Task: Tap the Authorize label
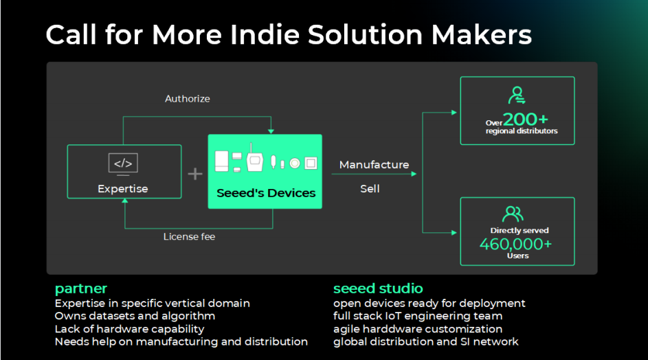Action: tap(188, 99)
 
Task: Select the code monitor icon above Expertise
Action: tap(124, 164)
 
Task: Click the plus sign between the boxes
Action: tap(195, 173)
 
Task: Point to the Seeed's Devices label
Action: tap(266, 193)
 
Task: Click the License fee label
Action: tap(190, 237)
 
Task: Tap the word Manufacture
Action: tap(374, 165)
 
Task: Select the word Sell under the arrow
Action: tap(370, 188)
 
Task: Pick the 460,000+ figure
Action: tap(515, 244)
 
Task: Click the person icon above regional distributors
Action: tap(517, 95)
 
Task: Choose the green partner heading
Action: tap(81, 288)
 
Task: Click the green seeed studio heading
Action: tap(378, 288)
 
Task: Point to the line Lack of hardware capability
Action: tap(129, 329)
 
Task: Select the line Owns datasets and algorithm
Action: tap(135, 316)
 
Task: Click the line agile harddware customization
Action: tap(418, 329)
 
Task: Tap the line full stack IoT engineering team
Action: tap(418, 316)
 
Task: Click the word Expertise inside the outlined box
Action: tap(122, 188)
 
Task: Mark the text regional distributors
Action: tap(522, 131)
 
